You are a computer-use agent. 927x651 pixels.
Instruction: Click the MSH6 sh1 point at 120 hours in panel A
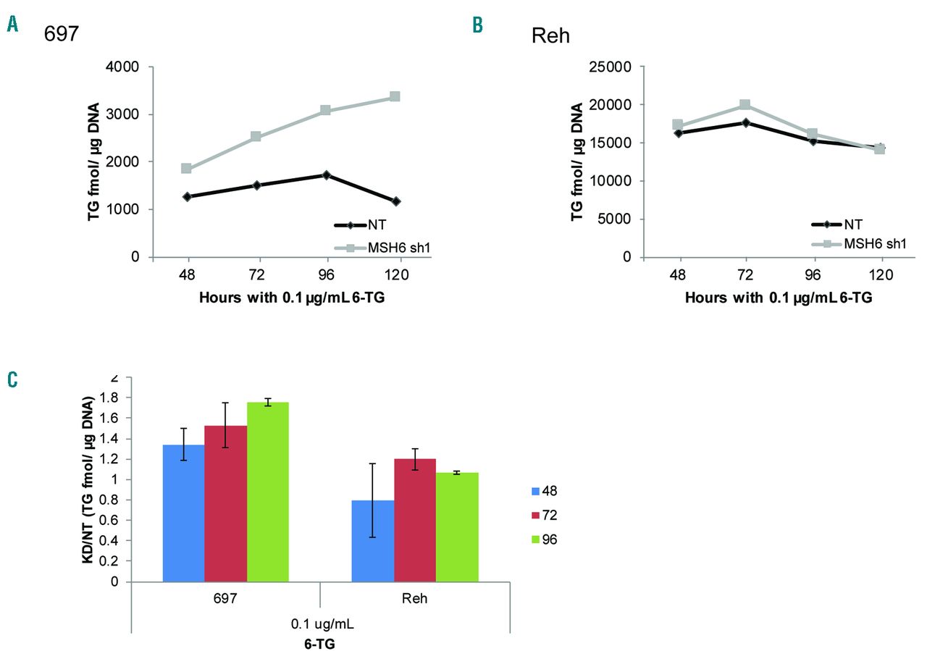point(395,96)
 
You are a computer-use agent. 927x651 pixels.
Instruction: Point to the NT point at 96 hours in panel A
point(327,175)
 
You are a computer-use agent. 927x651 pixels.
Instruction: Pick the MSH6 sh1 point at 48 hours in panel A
point(186,168)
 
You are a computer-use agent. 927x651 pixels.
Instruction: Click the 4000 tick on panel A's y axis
point(125,67)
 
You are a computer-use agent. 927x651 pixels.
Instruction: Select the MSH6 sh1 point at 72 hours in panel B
point(744,105)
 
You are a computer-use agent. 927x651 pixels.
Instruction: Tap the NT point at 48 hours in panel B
point(677,133)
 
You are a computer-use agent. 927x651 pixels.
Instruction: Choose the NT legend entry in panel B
point(851,224)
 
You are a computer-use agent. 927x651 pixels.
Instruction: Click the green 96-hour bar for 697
point(268,492)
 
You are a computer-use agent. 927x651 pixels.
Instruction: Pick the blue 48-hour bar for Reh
point(372,540)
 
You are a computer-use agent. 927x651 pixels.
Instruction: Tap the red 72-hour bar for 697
point(226,503)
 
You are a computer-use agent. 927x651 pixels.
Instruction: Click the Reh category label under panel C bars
point(414,600)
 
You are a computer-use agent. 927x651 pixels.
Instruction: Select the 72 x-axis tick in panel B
point(744,275)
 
